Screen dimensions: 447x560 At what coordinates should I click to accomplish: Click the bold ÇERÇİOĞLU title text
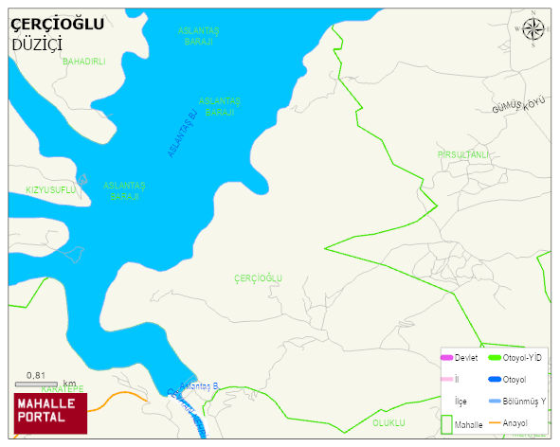coord(57,25)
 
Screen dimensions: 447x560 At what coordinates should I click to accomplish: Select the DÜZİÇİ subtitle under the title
coord(37,45)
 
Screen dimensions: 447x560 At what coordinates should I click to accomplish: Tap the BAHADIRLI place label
coord(84,62)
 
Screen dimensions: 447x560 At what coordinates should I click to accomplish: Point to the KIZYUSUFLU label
coord(50,189)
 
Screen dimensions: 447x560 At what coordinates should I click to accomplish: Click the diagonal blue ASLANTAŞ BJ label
coord(181,133)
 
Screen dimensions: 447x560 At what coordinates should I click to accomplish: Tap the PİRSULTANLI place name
coord(463,154)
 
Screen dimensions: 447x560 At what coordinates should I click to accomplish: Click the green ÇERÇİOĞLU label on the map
coord(258,277)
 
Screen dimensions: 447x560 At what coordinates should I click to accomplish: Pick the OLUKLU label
coord(388,422)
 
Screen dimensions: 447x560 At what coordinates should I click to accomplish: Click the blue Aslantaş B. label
coord(199,386)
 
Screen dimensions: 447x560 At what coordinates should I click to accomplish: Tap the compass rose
coord(534,29)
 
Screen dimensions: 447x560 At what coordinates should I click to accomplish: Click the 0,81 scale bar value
coord(37,375)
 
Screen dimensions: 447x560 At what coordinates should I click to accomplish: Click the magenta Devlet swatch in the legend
coord(446,358)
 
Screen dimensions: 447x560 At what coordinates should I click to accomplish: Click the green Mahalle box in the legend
coord(446,425)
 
